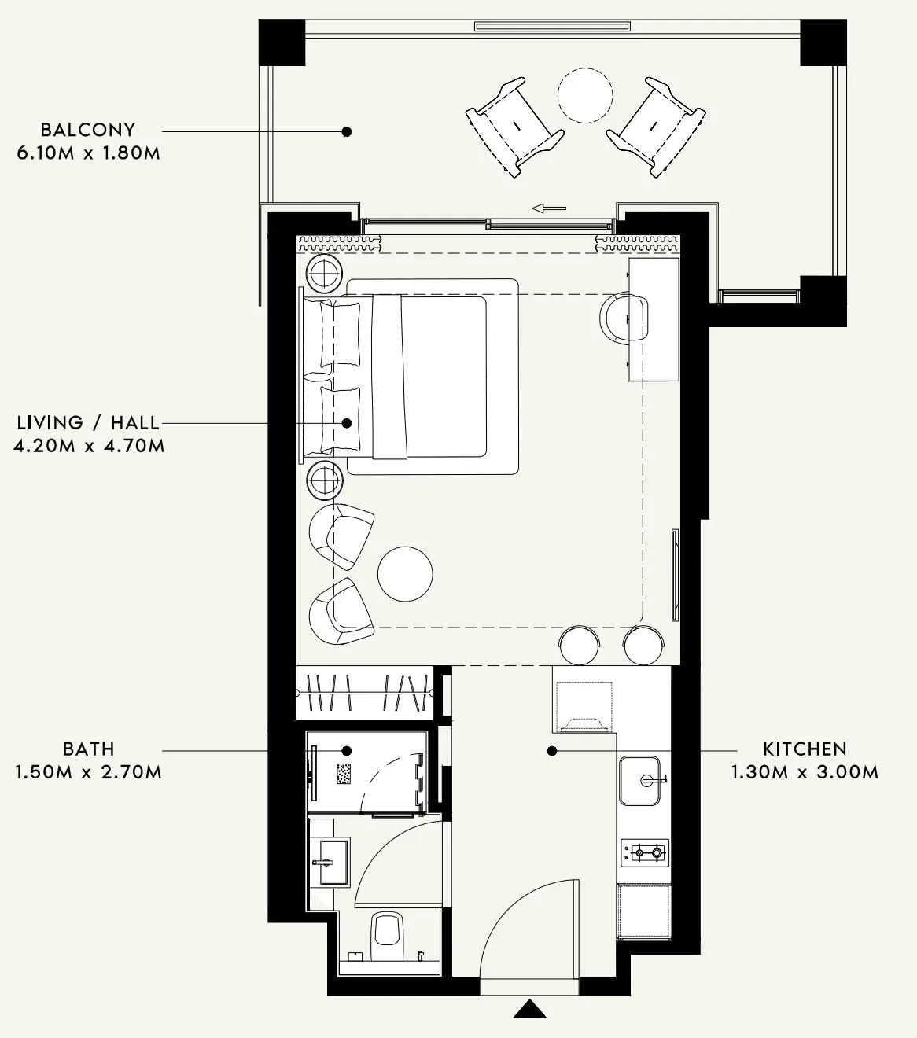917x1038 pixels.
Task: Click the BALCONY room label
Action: click(x=87, y=130)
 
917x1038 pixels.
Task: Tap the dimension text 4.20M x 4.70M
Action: click(x=89, y=446)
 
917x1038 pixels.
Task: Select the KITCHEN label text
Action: click(x=805, y=749)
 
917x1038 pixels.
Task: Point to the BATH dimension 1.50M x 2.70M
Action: click(x=88, y=771)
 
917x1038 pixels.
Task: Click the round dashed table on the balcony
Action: click(x=585, y=95)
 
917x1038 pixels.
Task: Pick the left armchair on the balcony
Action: click(x=514, y=127)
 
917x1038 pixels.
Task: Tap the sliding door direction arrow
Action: click(x=549, y=208)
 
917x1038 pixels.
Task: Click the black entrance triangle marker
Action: click(x=530, y=1008)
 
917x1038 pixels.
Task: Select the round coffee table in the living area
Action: click(x=405, y=574)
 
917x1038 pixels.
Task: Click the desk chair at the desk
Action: click(x=624, y=317)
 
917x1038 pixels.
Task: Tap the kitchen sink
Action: click(x=639, y=780)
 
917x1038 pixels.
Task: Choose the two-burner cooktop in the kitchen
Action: click(x=645, y=852)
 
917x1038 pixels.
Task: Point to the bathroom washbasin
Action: click(x=330, y=862)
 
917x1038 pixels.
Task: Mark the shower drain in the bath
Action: click(x=344, y=774)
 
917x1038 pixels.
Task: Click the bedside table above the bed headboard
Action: click(x=324, y=274)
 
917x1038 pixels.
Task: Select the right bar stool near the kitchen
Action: click(x=643, y=645)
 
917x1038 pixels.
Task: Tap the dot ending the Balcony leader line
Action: click(x=347, y=131)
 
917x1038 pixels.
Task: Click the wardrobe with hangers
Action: click(x=364, y=693)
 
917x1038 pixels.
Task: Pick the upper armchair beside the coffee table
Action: click(x=341, y=536)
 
